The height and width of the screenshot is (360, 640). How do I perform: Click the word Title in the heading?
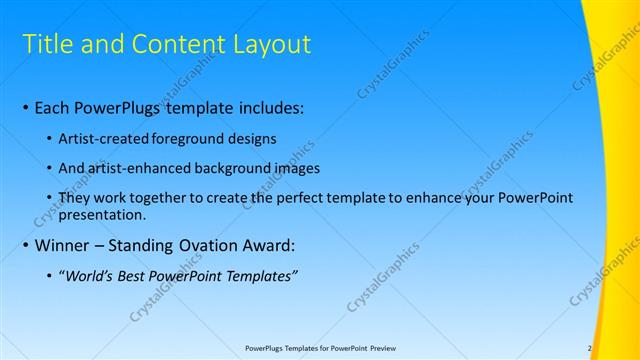pos(46,44)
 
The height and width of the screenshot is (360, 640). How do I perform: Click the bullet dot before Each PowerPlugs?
pos(25,107)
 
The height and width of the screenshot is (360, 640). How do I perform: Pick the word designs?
pos(252,138)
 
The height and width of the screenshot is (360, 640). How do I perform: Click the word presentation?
pos(102,214)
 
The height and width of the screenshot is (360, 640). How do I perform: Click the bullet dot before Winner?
pos(25,245)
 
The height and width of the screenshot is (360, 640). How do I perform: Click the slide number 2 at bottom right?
pos(590,348)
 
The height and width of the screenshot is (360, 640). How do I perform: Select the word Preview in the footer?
pos(394,348)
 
